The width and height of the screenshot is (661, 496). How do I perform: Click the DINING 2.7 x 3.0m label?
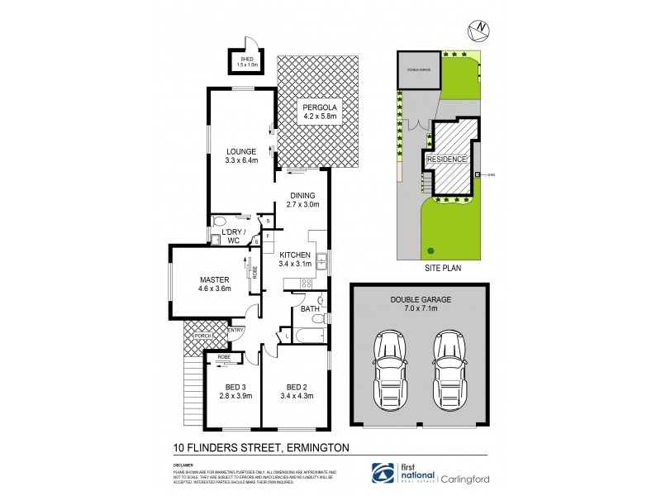[x=302, y=199]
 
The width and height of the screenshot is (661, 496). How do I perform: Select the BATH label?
[x=310, y=308]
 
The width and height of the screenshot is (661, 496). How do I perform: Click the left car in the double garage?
[x=389, y=365]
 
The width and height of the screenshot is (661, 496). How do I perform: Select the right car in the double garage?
[x=449, y=365]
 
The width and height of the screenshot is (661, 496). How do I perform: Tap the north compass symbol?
[x=478, y=31]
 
